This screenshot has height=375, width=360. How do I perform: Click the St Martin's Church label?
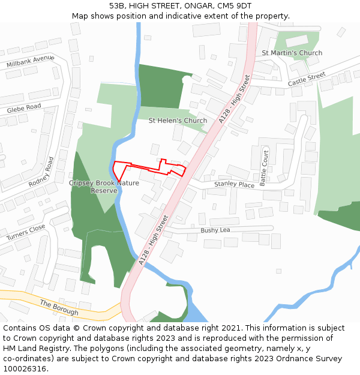point(292,53)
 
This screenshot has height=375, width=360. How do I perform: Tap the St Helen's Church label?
point(178,121)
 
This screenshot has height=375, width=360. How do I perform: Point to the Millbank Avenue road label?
point(31,61)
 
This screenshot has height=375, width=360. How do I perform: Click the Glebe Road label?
point(24,109)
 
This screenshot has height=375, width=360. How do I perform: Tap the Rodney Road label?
point(41,172)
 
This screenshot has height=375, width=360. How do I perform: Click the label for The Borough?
point(59,308)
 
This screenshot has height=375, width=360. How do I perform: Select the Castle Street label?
point(306,79)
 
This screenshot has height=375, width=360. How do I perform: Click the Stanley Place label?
point(234,185)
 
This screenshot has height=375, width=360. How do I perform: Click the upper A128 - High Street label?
point(234,99)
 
